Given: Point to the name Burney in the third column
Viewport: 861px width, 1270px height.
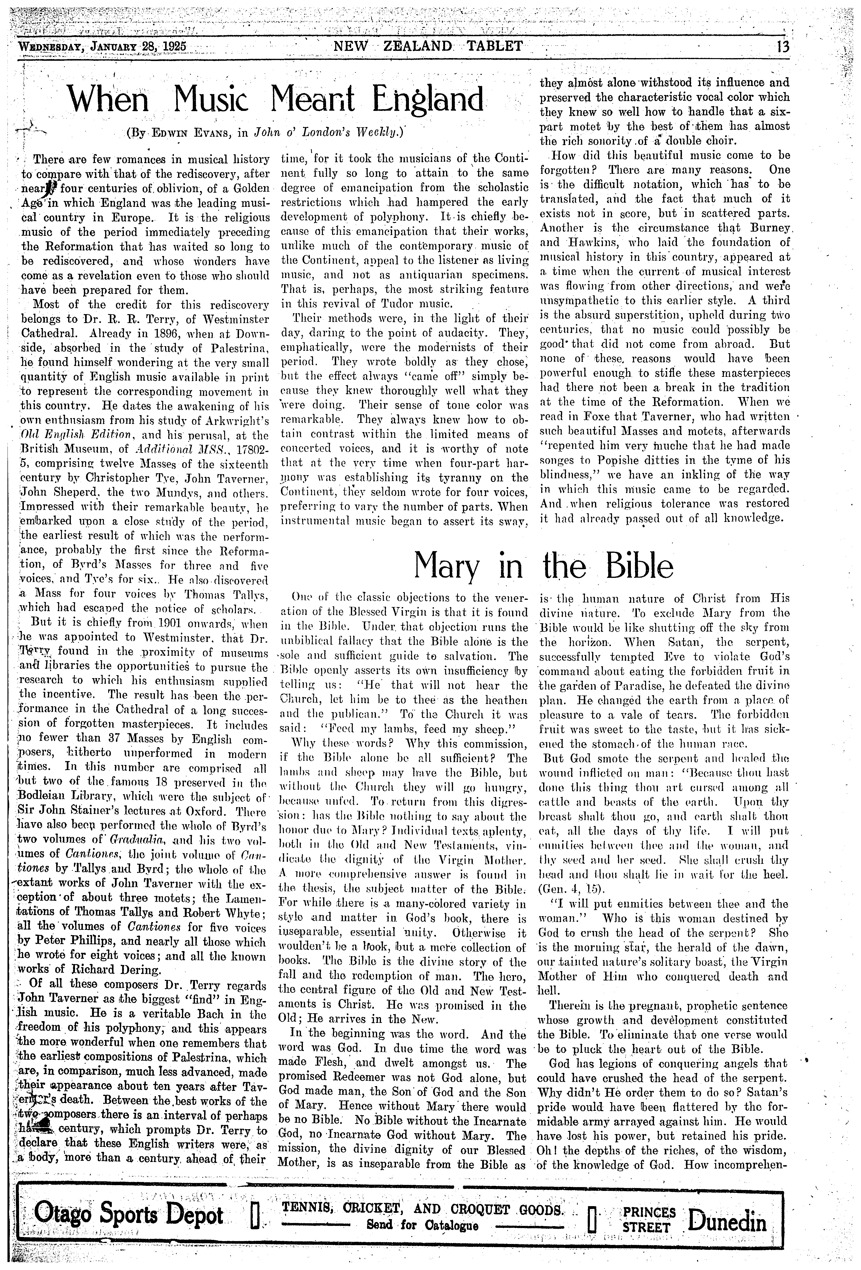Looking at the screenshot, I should (x=768, y=227).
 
